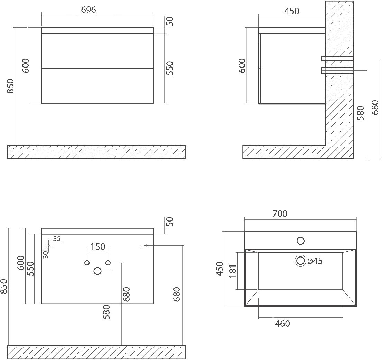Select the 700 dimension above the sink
click(x=280, y=214)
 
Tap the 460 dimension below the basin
click(x=282, y=324)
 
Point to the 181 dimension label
click(x=232, y=271)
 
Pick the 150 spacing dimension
click(x=97, y=247)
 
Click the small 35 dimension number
click(x=57, y=238)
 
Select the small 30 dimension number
click(x=46, y=254)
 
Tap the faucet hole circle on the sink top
click(x=300, y=241)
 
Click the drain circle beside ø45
click(x=300, y=261)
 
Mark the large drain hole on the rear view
click(x=97, y=271)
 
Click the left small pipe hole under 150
click(x=87, y=263)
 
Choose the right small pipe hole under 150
click(x=108, y=263)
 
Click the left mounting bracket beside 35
click(x=50, y=245)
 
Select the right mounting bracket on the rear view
click(x=145, y=245)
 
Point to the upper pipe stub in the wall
click(x=337, y=58)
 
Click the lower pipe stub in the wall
click(x=337, y=71)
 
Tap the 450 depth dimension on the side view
click(x=292, y=11)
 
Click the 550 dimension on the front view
click(x=170, y=68)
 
